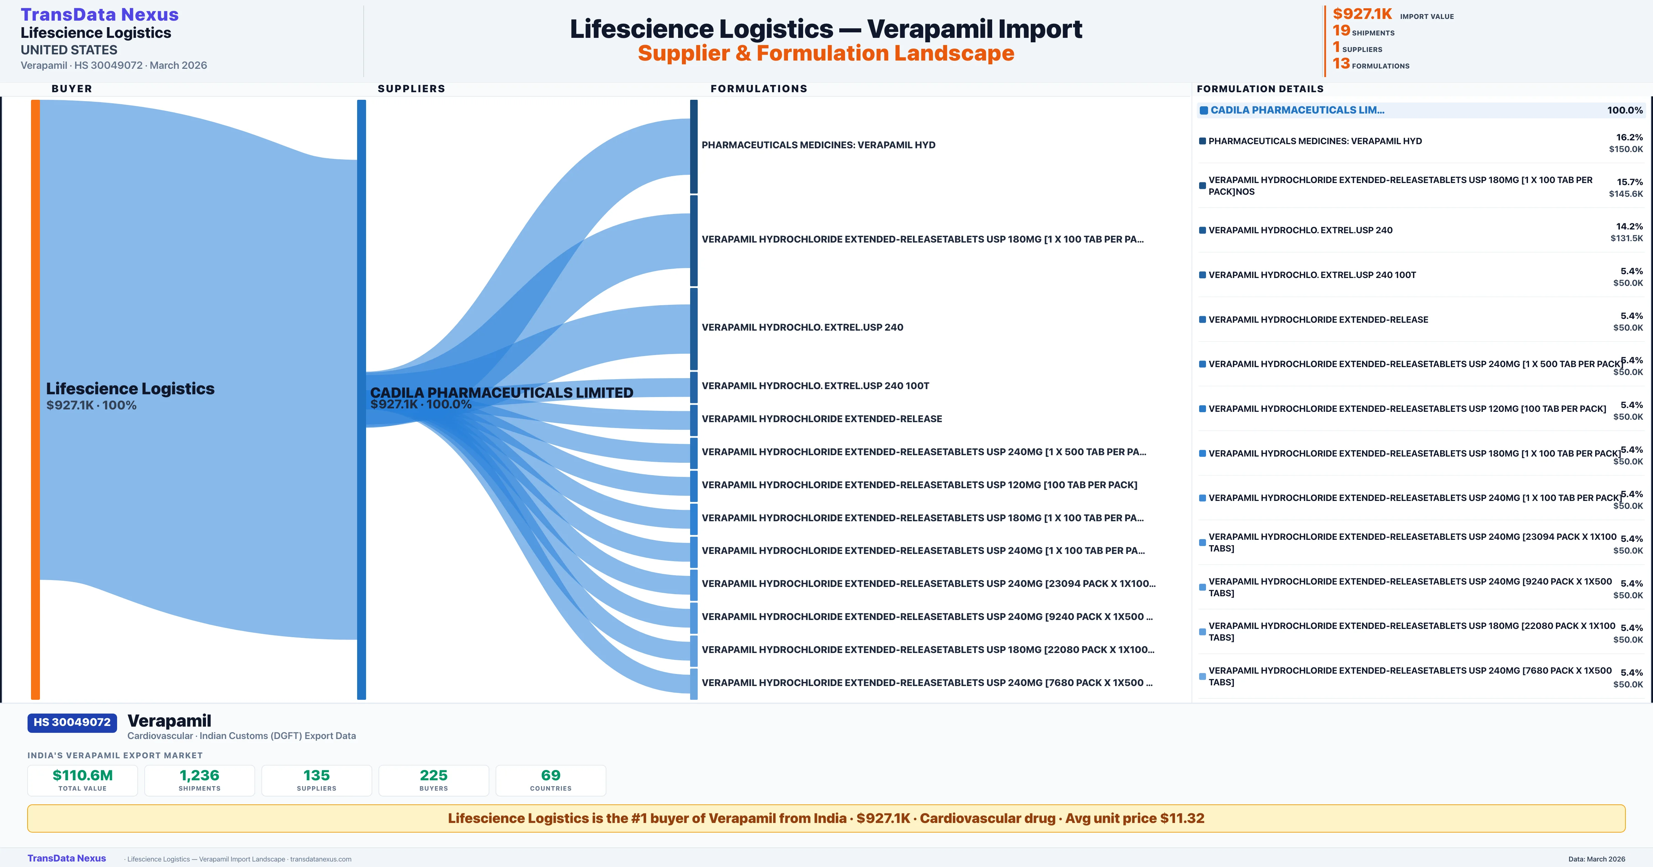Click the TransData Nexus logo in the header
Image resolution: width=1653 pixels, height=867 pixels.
[100, 15]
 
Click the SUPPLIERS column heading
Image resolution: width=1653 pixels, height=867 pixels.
[411, 88]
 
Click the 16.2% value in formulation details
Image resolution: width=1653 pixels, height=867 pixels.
[1629, 137]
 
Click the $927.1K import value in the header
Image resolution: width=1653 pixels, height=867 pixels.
[1362, 14]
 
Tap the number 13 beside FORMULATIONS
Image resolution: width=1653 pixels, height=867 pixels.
[1341, 64]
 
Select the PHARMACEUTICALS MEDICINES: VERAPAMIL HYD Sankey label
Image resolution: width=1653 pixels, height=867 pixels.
[818, 145]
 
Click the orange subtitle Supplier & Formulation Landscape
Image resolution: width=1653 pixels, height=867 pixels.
[826, 53]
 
